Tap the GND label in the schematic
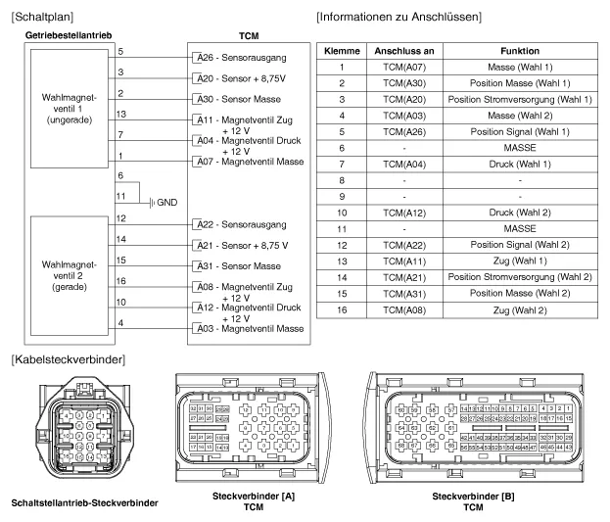[x=165, y=202]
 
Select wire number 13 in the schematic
[x=118, y=114]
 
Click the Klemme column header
[x=342, y=50]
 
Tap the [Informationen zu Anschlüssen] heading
[x=426, y=17]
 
